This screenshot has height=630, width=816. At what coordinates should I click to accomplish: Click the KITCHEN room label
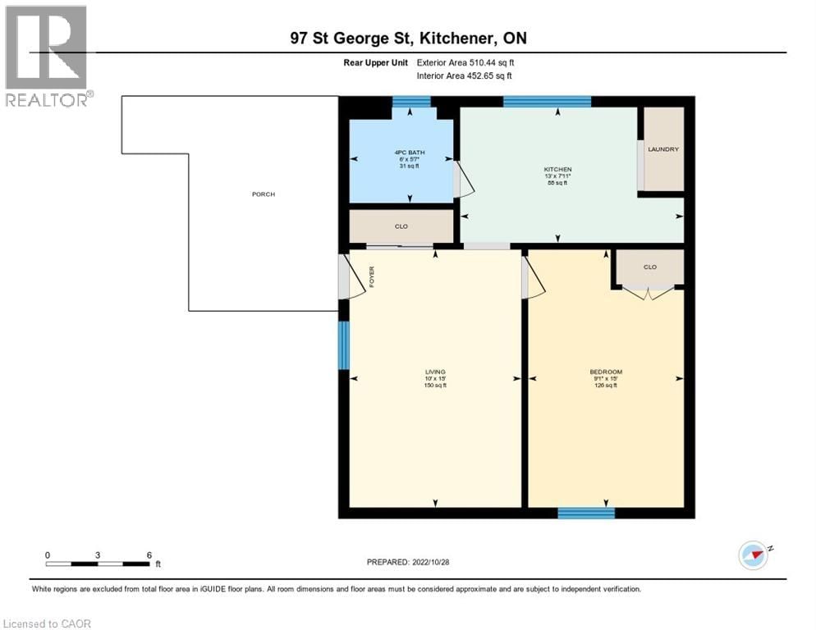coord(557,170)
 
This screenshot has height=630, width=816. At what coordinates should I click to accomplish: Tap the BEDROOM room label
coord(606,372)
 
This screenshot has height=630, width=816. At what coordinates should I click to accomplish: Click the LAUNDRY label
coord(662,149)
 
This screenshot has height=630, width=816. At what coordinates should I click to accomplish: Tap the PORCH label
coord(264,194)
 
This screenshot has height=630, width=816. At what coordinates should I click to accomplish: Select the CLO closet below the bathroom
coord(401,226)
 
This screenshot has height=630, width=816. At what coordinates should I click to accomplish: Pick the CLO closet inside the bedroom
coord(649,267)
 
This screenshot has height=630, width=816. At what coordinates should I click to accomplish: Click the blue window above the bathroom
coord(411,102)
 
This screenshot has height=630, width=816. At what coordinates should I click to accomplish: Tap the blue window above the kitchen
coord(547,102)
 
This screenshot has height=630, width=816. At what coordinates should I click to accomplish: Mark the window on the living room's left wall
coord(344,345)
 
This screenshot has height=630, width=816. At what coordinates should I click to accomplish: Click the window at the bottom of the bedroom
coord(586,513)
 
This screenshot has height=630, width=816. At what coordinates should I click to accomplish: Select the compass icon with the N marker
coord(753,555)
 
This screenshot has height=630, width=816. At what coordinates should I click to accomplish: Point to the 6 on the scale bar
coord(149,555)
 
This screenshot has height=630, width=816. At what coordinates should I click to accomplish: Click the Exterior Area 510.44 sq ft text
coord(466,62)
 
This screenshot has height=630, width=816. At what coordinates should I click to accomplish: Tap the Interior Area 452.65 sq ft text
coord(465,76)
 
